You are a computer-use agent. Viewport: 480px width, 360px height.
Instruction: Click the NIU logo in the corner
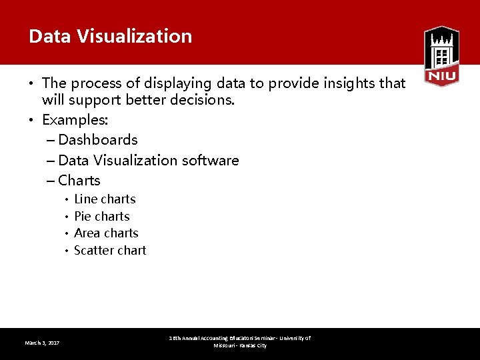[x=441, y=56]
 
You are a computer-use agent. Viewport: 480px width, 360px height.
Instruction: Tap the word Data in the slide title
[x=49, y=36]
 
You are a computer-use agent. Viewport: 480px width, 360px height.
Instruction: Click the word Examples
[x=75, y=120]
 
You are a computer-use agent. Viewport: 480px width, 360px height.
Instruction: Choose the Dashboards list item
[x=97, y=140]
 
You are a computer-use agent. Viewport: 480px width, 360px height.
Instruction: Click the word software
[x=211, y=160]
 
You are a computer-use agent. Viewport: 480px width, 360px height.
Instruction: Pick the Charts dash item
[x=79, y=180]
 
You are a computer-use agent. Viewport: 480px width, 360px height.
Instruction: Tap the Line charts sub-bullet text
[x=105, y=199]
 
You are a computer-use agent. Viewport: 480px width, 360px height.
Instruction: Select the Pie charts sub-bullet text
[x=102, y=216]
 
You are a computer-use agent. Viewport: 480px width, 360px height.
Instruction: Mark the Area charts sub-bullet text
[x=106, y=233]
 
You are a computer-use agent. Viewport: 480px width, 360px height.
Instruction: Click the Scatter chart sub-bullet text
[x=110, y=250]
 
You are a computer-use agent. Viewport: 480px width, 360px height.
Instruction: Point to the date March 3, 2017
[x=42, y=343]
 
